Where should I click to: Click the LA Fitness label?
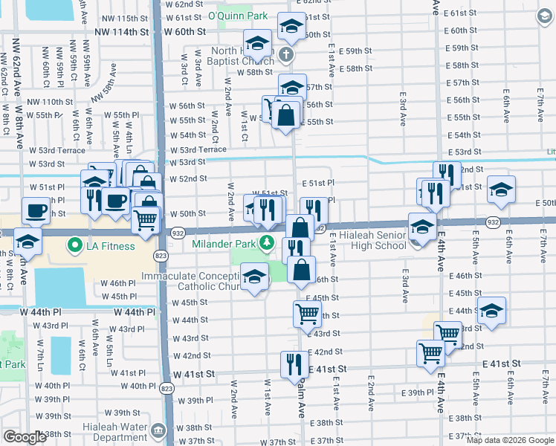pos(111,245)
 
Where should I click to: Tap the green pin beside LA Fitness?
pos(75,245)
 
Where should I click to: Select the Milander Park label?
pos(223,244)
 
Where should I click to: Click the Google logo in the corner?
pos(25,437)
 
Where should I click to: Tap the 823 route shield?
pos(161,255)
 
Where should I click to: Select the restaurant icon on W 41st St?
pos(294,364)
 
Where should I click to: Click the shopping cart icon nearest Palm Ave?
pos(307,313)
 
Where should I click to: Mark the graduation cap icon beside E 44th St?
pos(491,310)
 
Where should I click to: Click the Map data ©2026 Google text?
pos(511,440)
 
